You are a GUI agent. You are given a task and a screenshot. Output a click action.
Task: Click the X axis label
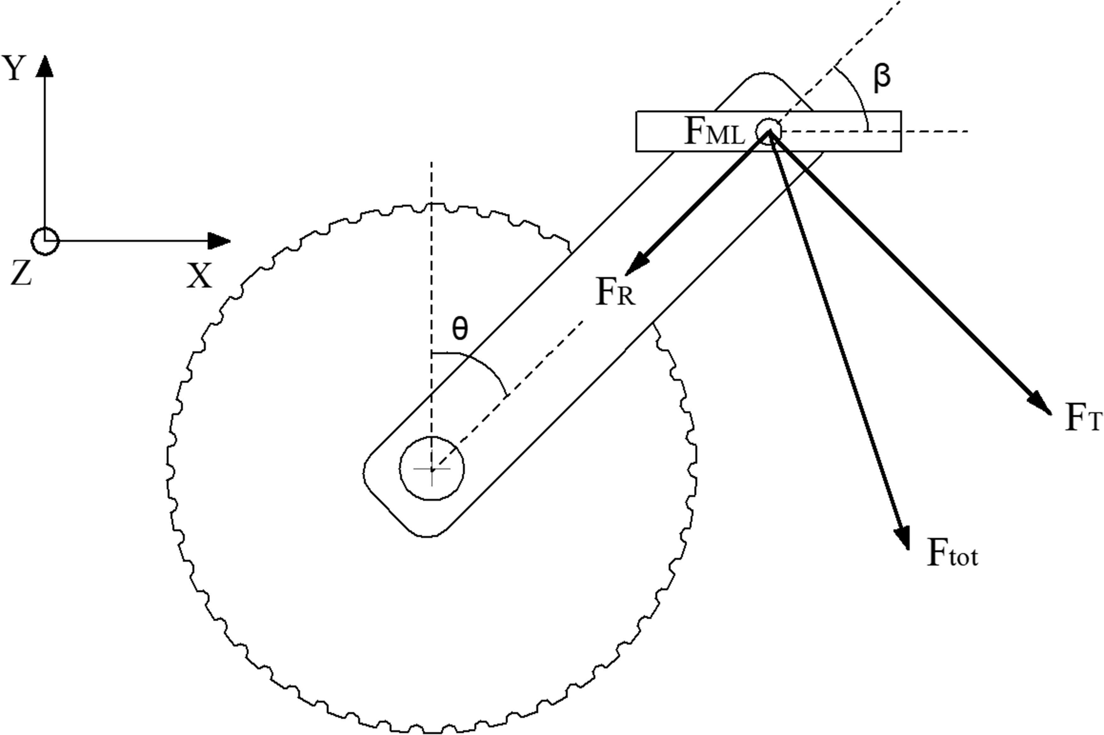tap(200, 276)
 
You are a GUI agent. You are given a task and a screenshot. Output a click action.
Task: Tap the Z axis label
tap(21, 273)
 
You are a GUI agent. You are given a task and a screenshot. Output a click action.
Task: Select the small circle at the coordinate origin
tap(45, 242)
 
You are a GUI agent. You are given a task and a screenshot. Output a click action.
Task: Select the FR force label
tap(615, 292)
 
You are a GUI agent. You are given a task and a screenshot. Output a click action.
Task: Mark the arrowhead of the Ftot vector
tap(902, 537)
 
